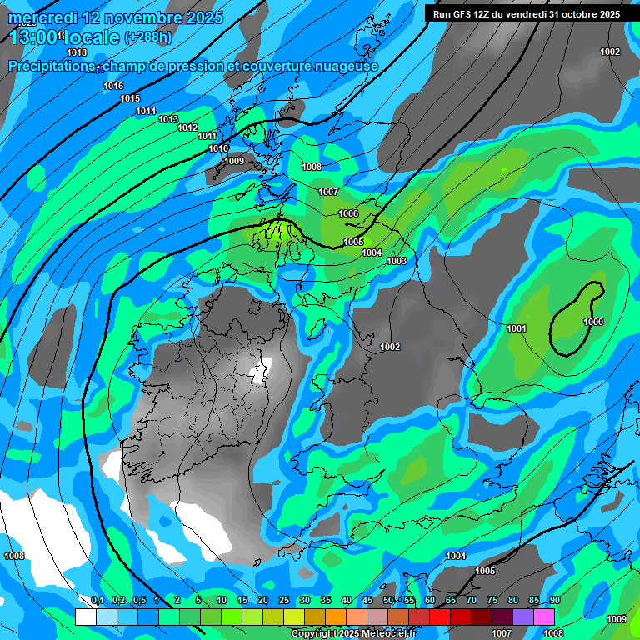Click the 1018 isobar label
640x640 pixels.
pyautogui.click(x=77, y=52)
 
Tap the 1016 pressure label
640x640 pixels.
pyautogui.click(x=113, y=87)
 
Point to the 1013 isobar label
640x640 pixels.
pyautogui.click(x=168, y=119)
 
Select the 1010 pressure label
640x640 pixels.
pyautogui.click(x=218, y=148)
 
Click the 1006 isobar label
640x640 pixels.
pyautogui.click(x=348, y=214)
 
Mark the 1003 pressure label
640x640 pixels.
pyautogui.click(x=397, y=262)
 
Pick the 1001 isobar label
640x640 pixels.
pyautogui.click(x=517, y=328)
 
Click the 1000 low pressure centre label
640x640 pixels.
pyautogui.click(x=593, y=322)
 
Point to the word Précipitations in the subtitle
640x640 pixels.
pyautogui.click(x=50, y=67)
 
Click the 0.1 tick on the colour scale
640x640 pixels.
pyautogui.click(x=97, y=601)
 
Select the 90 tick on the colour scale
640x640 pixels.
pyautogui.click(x=554, y=601)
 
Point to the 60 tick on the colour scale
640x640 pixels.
pyautogui.click(x=430, y=601)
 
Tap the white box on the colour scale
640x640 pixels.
pyautogui.click(x=85, y=617)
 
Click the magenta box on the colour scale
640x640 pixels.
pyautogui.click(x=544, y=617)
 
